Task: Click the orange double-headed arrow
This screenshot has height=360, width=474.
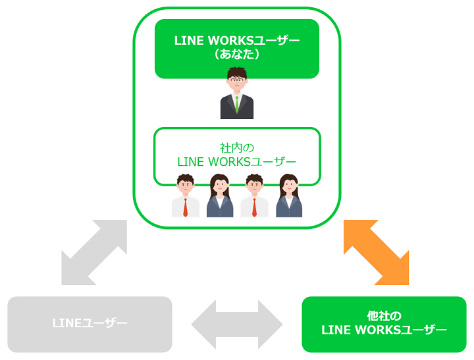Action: [376, 252]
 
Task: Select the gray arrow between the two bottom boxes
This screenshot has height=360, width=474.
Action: [237, 324]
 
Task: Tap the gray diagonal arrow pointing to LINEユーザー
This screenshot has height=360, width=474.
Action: [94, 252]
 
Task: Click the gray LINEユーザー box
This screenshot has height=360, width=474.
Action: [90, 324]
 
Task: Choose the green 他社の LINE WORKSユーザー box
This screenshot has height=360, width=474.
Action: [384, 324]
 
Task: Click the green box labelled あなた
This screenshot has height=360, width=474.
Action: [237, 48]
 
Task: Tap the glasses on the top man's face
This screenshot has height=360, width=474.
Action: [237, 80]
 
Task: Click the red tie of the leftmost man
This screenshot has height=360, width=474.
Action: [186, 207]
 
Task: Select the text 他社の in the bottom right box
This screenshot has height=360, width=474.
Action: [384, 316]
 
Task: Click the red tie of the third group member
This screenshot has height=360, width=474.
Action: [255, 207]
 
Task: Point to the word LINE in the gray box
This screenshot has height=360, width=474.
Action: [65, 324]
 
